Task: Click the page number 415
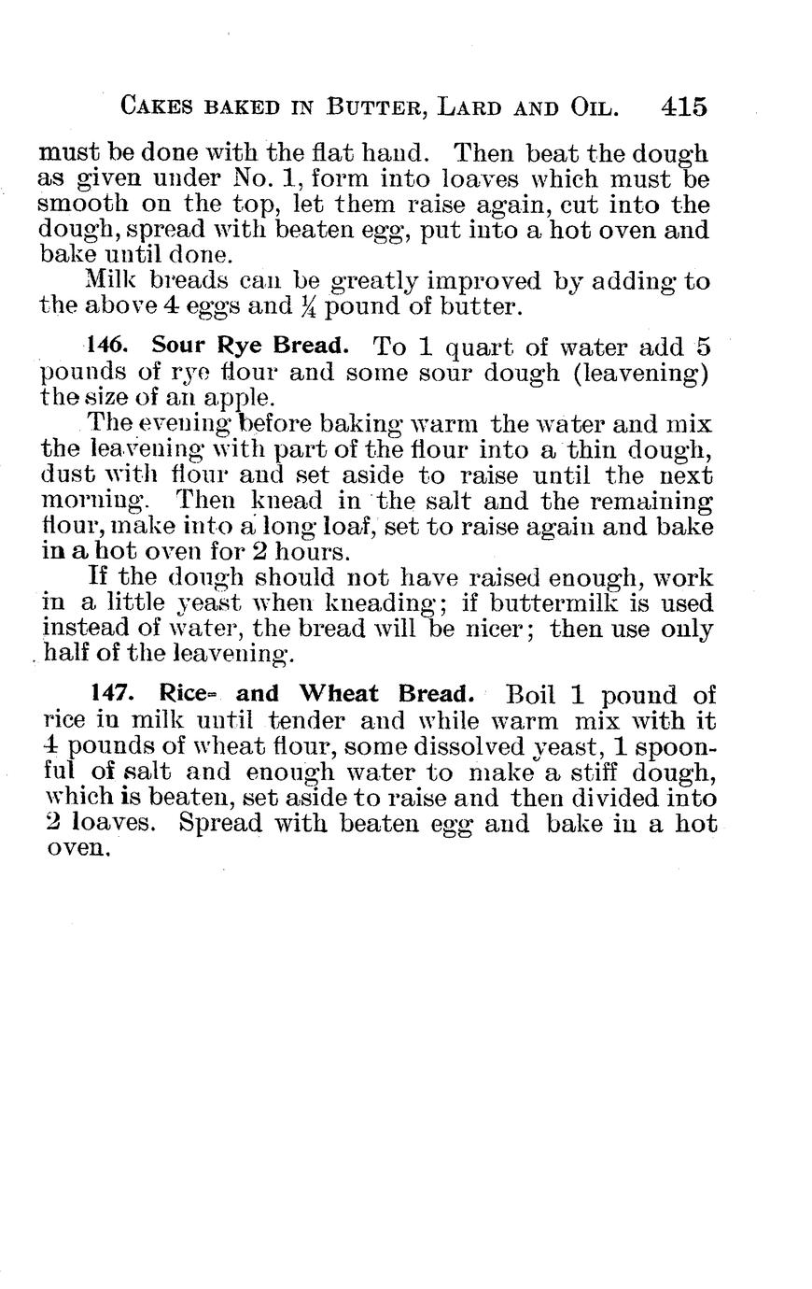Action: [683, 106]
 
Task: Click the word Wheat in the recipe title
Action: [339, 694]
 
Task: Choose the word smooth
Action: [82, 205]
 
